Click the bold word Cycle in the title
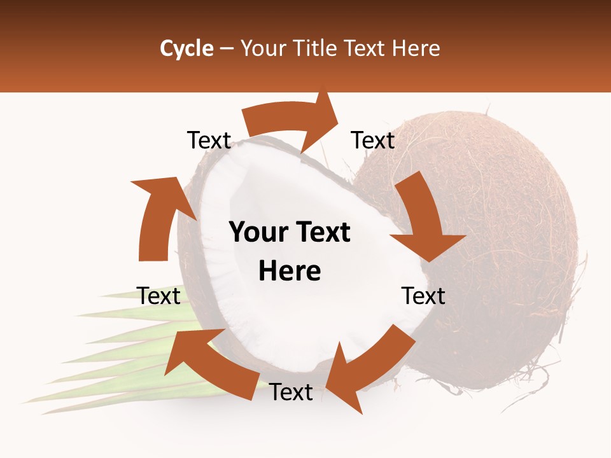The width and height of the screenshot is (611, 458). click(x=186, y=48)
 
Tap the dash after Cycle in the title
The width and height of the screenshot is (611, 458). click(x=227, y=48)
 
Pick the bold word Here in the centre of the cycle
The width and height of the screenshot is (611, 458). click(x=290, y=271)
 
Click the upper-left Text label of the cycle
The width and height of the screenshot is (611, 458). click(x=209, y=141)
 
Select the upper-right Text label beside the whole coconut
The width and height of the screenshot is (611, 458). click(x=373, y=141)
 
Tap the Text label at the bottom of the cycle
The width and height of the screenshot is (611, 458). click(x=291, y=392)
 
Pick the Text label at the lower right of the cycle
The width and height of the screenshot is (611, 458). click(x=423, y=296)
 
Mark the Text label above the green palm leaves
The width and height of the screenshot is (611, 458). click(x=158, y=296)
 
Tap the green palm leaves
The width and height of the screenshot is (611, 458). click(x=95, y=369)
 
